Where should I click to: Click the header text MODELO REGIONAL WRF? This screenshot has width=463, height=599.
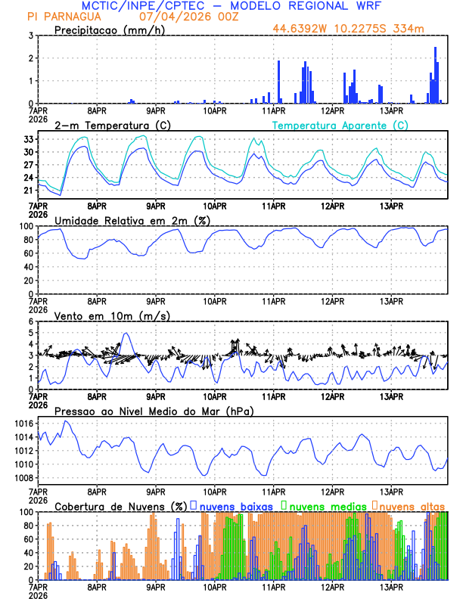[319, 6]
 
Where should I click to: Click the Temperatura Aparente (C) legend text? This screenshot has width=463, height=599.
[340, 125]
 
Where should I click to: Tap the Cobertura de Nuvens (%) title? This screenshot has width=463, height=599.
[120, 506]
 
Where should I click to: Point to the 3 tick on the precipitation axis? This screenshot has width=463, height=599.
[30, 36]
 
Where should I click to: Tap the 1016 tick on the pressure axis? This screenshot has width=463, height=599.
[24, 424]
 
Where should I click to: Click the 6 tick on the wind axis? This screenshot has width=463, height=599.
[30, 321]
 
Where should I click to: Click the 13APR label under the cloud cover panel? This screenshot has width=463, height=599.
[392, 586]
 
